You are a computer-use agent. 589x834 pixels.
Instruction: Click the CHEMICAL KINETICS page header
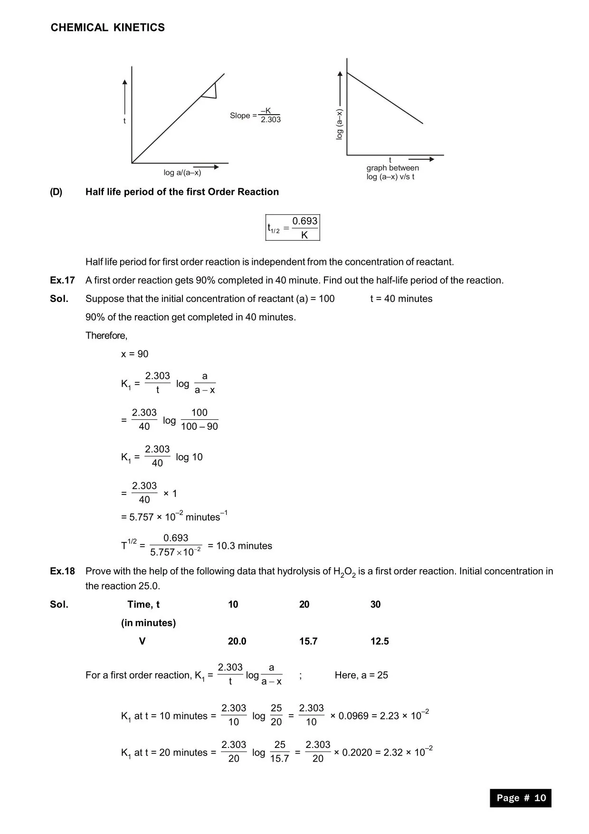pyautogui.click(x=108, y=28)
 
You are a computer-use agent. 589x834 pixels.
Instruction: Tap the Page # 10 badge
pyautogui.click(x=521, y=798)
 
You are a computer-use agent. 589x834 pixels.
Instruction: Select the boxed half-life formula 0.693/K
pyautogui.click(x=293, y=228)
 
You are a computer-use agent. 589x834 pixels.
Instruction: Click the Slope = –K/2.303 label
pyautogui.click(x=255, y=116)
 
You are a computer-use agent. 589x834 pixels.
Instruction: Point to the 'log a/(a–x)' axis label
pyautogui.click(x=182, y=173)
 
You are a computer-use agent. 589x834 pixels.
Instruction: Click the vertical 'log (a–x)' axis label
pyautogui.click(x=339, y=124)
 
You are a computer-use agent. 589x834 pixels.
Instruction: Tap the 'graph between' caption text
pyautogui.click(x=392, y=168)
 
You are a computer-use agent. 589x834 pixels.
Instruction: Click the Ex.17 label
pyautogui.click(x=62, y=281)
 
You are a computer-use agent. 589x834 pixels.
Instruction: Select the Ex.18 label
pyautogui.click(x=62, y=572)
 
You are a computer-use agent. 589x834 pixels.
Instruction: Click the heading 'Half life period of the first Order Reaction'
pyautogui.click(x=182, y=192)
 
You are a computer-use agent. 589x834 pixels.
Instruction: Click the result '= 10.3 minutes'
pyautogui.click(x=240, y=546)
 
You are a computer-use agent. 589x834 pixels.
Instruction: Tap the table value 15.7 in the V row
pyautogui.click(x=308, y=641)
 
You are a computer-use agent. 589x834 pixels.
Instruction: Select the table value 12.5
pyautogui.click(x=380, y=641)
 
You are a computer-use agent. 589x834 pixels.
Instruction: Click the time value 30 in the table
pyautogui.click(x=375, y=604)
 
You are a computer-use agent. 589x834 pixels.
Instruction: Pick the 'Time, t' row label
pyautogui.click(x=143, y=604)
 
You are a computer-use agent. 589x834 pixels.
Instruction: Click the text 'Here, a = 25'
pyautogui.click(x=361, y=675)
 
